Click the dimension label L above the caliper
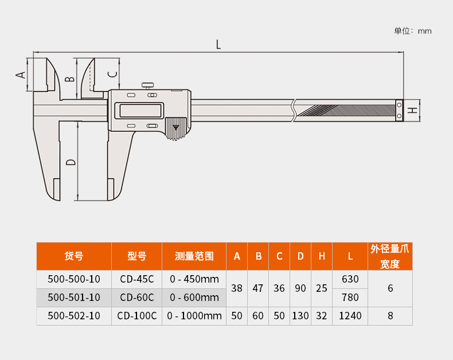click(x=218, y=45)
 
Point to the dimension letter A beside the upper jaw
click(x=21, y=75)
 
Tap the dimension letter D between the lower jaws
click(x=71, y=162)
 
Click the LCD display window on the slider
click(x=140, y=111)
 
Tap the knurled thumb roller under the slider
click(x=176, y=128)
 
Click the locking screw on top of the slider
click(x=147, y=86)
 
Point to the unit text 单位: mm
click(x=412, y=31)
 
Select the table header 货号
click(x=73, y=256)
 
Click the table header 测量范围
click(x=194, y=256)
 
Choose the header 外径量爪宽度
click(x=390, y=256)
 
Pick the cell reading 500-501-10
click(x=74, y=298)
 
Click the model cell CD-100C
click(x=137, y=316)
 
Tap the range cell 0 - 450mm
click(x=194, y=279)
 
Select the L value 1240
click(x=350, y=316)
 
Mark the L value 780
click(x=350, y=298)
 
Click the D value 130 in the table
click(x=300, y=316)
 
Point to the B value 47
click(x=258, y=288)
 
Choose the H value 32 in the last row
click(x=322, y=316)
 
